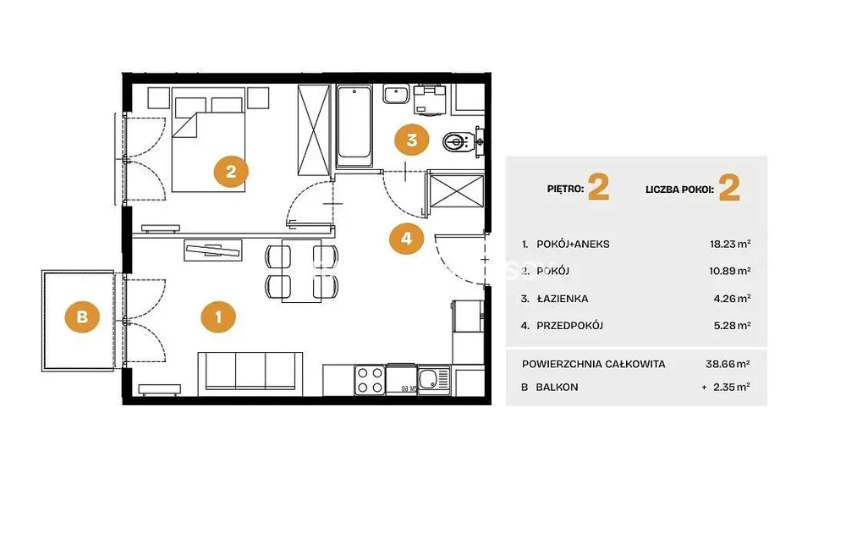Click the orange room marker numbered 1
(x=218, y=316)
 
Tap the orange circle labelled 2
(x=231, y=172)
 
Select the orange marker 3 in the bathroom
(x=412, y=140)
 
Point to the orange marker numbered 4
(x=407, y=238)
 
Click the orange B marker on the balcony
(x=82, y=316)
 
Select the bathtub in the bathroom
(x=354, y=126)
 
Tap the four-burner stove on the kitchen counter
(x=370, y=380)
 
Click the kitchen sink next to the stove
(x=434, y=380)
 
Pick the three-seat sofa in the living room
(x=250, y=371)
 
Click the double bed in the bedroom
(x=208, y=145)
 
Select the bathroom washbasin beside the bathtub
(x=397, y=95)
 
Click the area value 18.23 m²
(x=730, y=244)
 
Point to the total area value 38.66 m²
(x=728, y=364)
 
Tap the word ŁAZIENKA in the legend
(x=563, y=299)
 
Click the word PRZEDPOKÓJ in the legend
(x=569, y=326)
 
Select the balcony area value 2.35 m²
(x=731, y=387)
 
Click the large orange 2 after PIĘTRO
(x=598, y=188)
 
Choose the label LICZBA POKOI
(x=680, y=190)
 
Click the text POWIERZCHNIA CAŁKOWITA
(x=594, y=364)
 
